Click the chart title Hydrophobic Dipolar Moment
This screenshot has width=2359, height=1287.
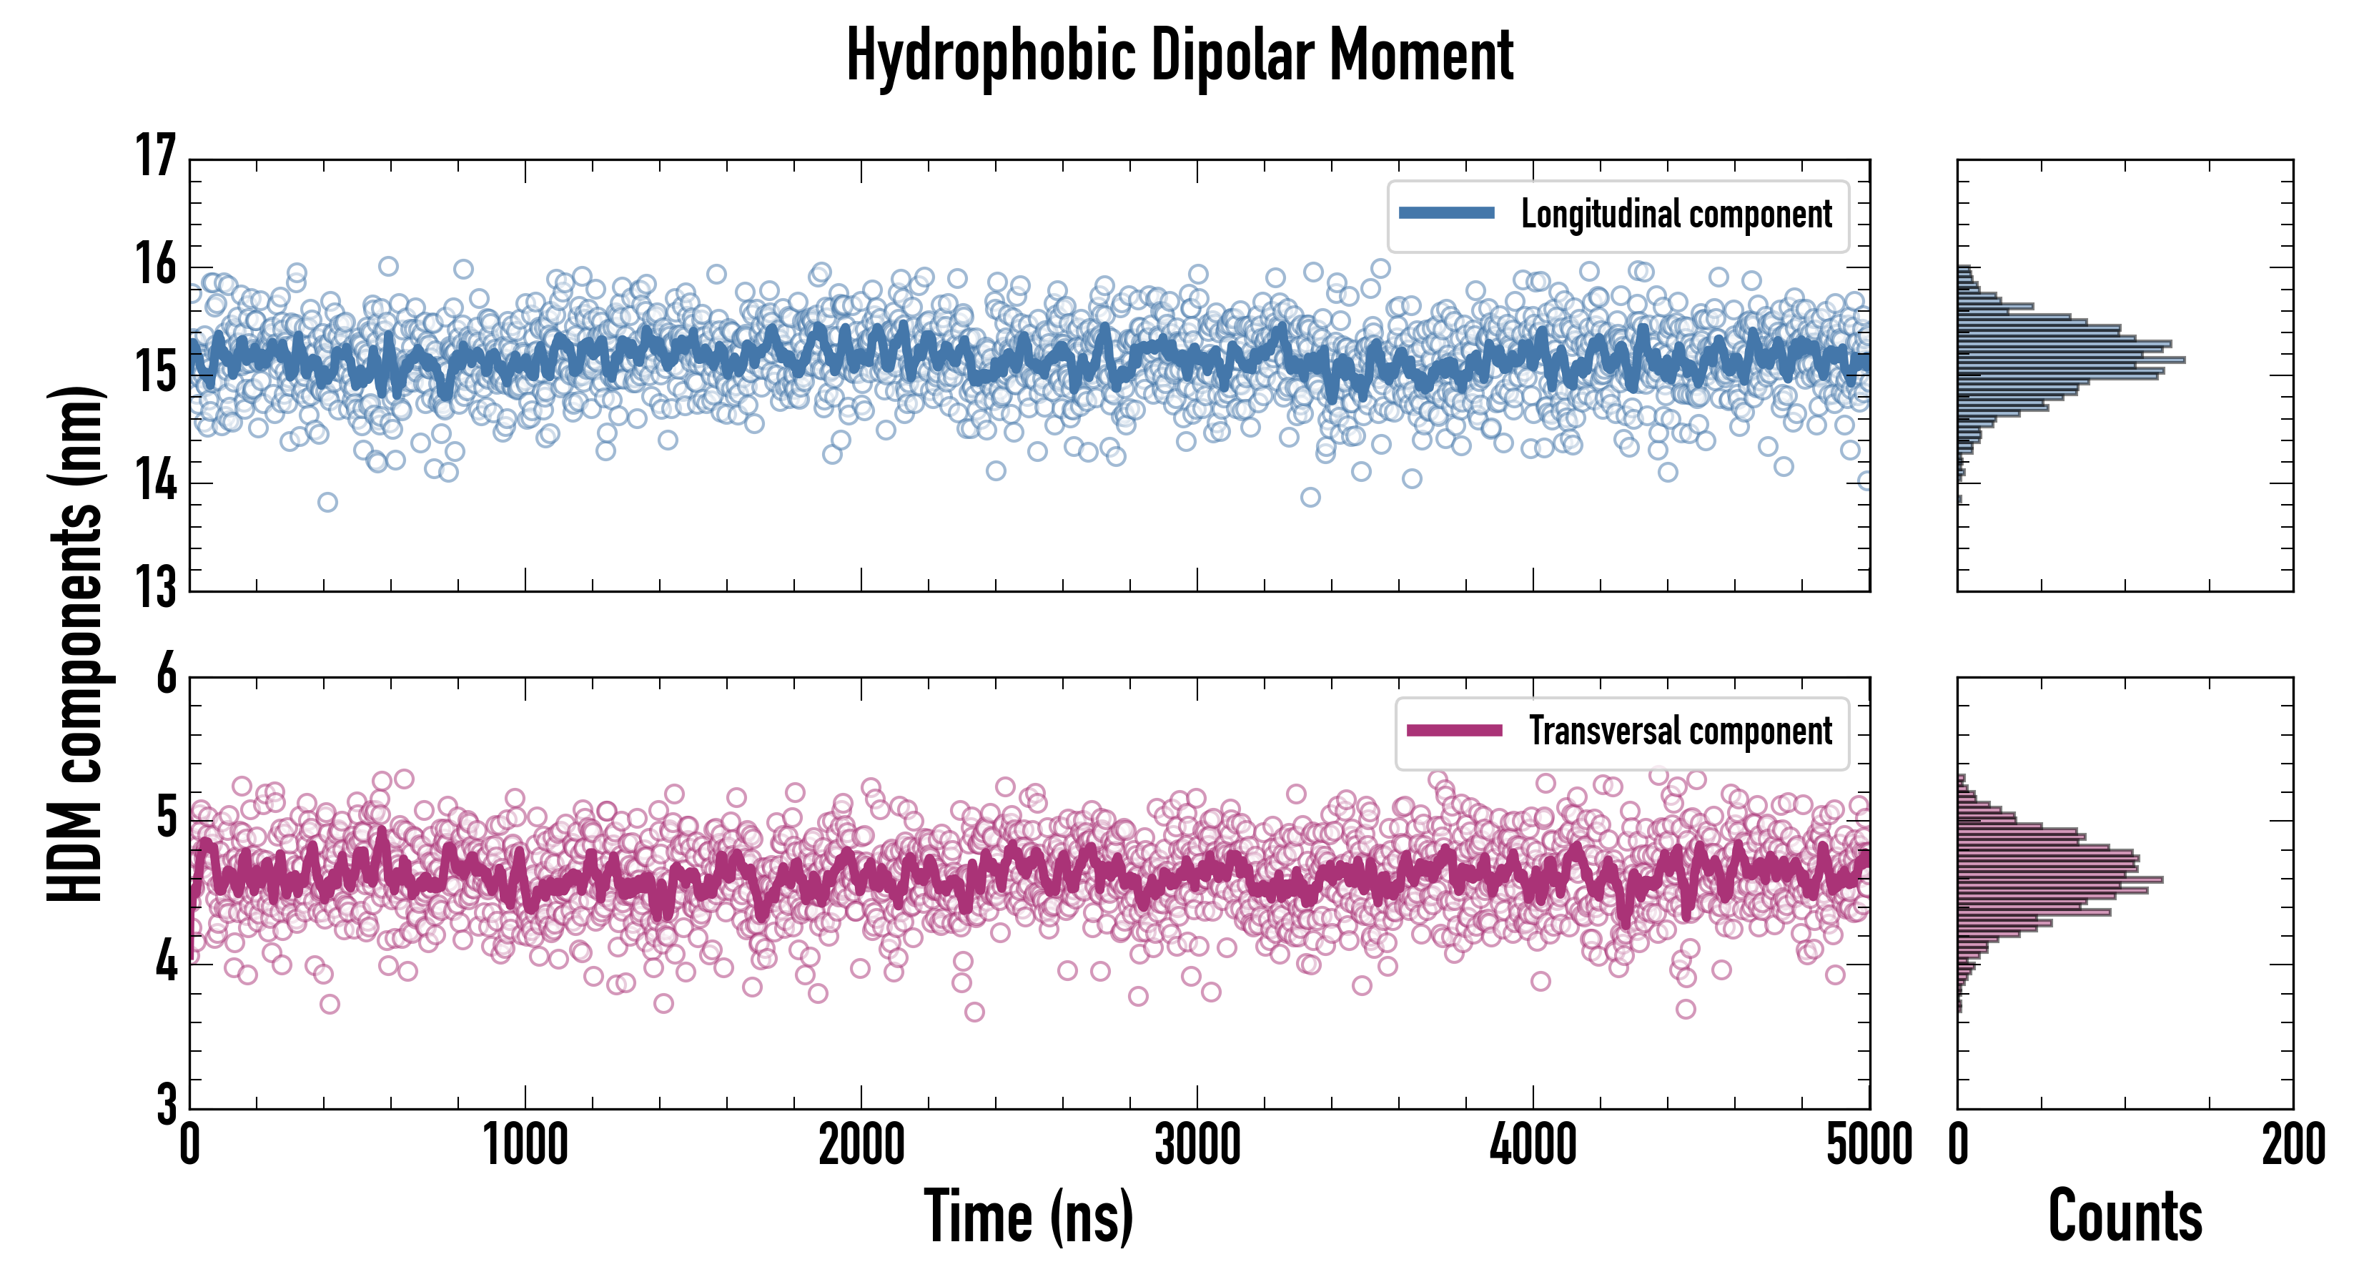[x=1179, y=56]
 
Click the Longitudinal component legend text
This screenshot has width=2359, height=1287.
[x=1676, y=214]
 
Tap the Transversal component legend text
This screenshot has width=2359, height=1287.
[x=1681, y=731]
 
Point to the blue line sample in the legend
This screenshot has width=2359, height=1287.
[x=1447, y=214]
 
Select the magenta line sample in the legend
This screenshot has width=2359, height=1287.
[x=1454, y=730]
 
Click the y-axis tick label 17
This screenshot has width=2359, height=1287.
[x=156, y=157]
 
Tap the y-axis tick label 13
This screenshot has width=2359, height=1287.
[x=156, y=587]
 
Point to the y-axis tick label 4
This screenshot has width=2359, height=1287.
[x=166, y=962]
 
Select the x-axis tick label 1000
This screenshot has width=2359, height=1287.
[x=525, y=1145]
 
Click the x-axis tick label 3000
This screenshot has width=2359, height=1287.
[x=1197, y=1145]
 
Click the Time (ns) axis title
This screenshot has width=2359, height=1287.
[x=1029, y=1216]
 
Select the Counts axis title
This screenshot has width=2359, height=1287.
[x=2125, y=1216]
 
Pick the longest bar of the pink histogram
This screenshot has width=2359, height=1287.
[x=2060, y=880]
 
